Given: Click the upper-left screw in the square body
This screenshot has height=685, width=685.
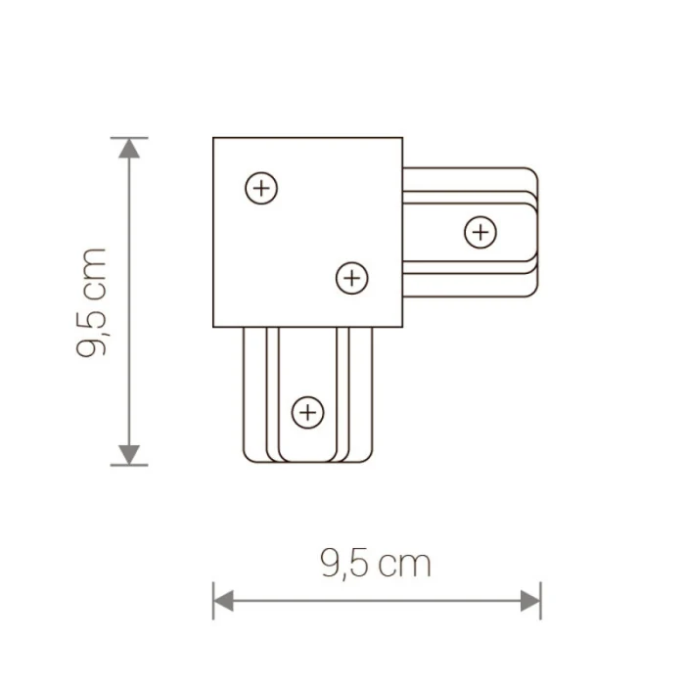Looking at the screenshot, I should coord(260,188).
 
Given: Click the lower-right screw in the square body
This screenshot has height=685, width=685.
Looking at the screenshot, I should coord(351,279).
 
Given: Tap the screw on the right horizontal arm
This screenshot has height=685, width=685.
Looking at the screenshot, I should coord(479,232).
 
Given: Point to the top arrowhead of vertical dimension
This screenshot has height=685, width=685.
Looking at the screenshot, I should coord(127,148).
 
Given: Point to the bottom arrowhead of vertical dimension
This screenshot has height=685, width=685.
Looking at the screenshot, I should coord(127,454).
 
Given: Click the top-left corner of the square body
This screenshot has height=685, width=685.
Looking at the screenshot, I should coord(213,137).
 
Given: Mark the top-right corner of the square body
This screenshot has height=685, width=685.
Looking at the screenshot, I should coord(402,137).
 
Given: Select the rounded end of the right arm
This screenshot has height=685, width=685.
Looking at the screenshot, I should coord(537,232).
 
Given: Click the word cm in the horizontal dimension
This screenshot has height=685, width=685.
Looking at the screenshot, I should coord(403,564).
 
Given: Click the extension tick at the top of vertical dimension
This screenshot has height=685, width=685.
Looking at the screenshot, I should coord(127,137).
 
